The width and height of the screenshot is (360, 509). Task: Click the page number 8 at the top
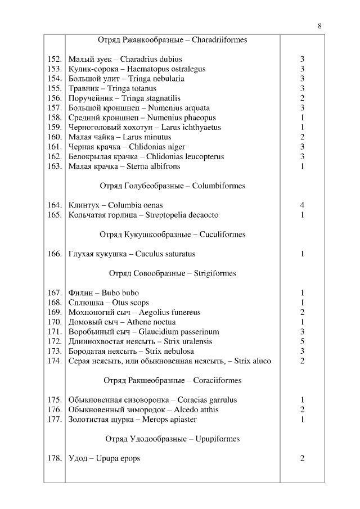tap(319, 26)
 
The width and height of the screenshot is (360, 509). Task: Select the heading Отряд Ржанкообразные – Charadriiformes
tap(172, 40)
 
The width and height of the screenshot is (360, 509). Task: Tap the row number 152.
tap(55, 59)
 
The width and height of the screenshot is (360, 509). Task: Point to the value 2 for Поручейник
tap(302, 98)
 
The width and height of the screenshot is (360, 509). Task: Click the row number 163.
tap(55, 166)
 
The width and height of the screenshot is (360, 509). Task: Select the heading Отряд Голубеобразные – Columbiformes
tap(172, 186)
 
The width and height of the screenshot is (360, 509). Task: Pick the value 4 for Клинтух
tap(302, 205)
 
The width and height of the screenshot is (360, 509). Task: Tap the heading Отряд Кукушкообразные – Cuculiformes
tap(172, 234)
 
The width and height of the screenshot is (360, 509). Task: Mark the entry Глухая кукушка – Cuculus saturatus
tap(132, 254)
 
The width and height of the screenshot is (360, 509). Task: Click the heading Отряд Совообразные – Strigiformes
tap(172, 273)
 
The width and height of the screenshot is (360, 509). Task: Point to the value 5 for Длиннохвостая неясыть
tap(302, 341)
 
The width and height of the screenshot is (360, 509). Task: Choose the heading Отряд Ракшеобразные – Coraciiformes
tap(172, 380)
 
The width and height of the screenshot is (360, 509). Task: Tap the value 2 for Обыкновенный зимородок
tap(302, 409)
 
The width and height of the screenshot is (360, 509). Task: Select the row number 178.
tap(55, 458)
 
